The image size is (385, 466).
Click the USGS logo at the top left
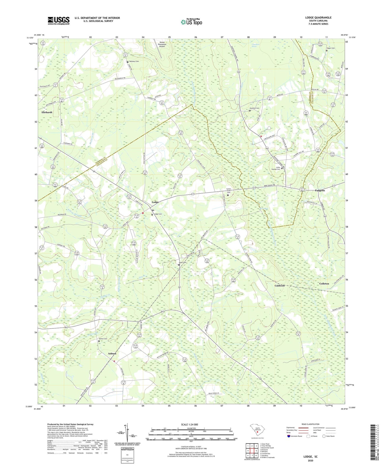pyautogui.click(x=59, y=21)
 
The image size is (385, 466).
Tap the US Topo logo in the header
pyautogui.click(x=191, y=22)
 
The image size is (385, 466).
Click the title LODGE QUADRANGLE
pyautogui.click(x=318, y=18)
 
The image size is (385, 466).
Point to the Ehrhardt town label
pyautogui.click(x=47, y=112)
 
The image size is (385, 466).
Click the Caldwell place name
pyautogui.click(x=279, y=286)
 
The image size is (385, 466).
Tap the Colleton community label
pyautogui.click(x=324, y=284)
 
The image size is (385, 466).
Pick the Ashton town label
pyautogui.click(x=112, y=353)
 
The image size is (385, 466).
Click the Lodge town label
pyautogui.click(x=155, y=202)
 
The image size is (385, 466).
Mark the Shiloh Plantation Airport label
pyautogui.click(x=162, y=44)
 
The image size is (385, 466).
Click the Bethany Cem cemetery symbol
pyautogui.click(x=128, y=62)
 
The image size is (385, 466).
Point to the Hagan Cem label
pyautogui.click(x=331, y=48)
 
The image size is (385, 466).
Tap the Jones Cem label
pyautogui.click(x=183, y=262)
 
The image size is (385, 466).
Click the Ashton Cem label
pyautogui.click(x=103, y=339)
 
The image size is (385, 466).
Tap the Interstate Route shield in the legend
pyautogui.click(x=289, y=436)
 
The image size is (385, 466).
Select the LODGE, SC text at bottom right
pyautogui.click(x=310, y=457)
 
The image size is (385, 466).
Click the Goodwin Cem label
pyautogui.click(x=254, y=108)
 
